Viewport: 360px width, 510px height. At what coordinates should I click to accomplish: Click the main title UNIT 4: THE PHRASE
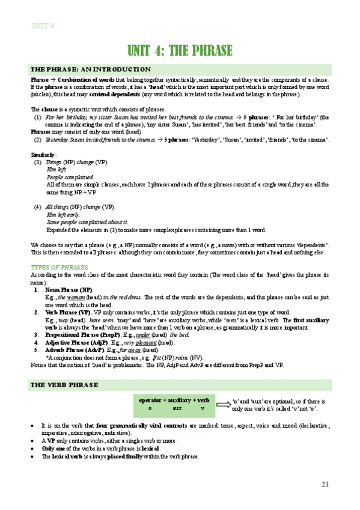tap(180, 50)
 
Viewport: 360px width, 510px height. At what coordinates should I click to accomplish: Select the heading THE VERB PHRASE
tap(65, 383)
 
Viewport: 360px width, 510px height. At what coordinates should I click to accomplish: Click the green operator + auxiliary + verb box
tap(174, 404)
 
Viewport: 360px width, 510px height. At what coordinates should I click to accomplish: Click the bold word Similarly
tap(42, 155)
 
